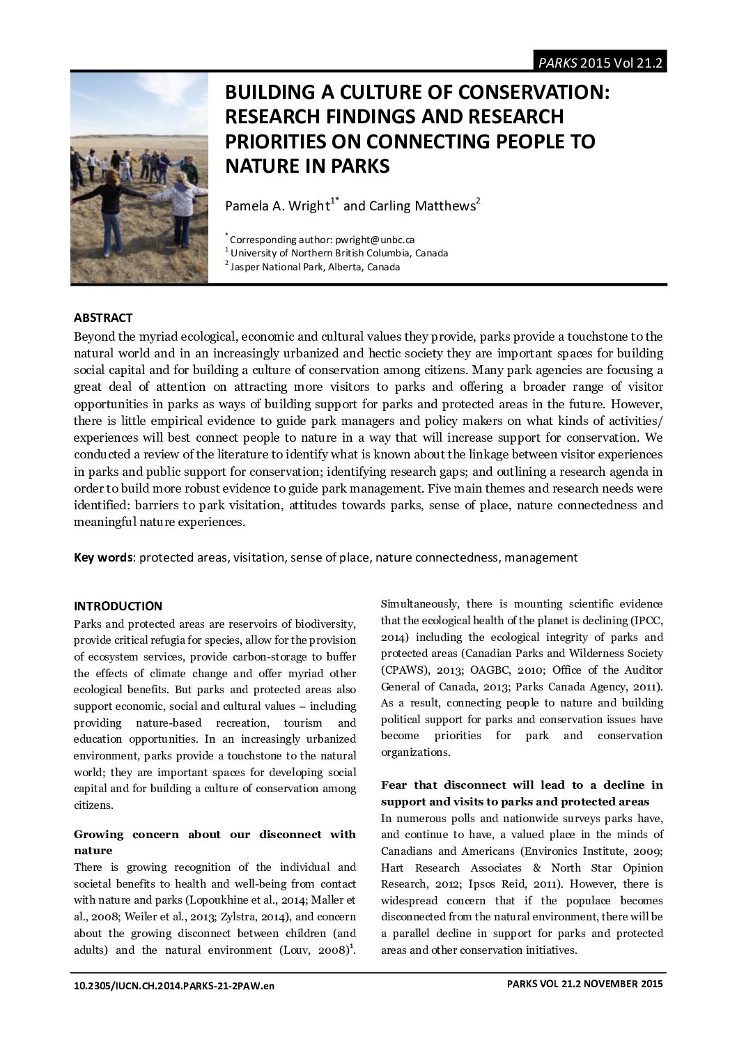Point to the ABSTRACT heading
pos(102,318)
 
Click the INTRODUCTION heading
pos(118,605)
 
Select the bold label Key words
pos(103,557)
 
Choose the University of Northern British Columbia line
pos(339,253)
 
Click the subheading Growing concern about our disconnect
pos(215,834)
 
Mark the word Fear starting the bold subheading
pos(395,785)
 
